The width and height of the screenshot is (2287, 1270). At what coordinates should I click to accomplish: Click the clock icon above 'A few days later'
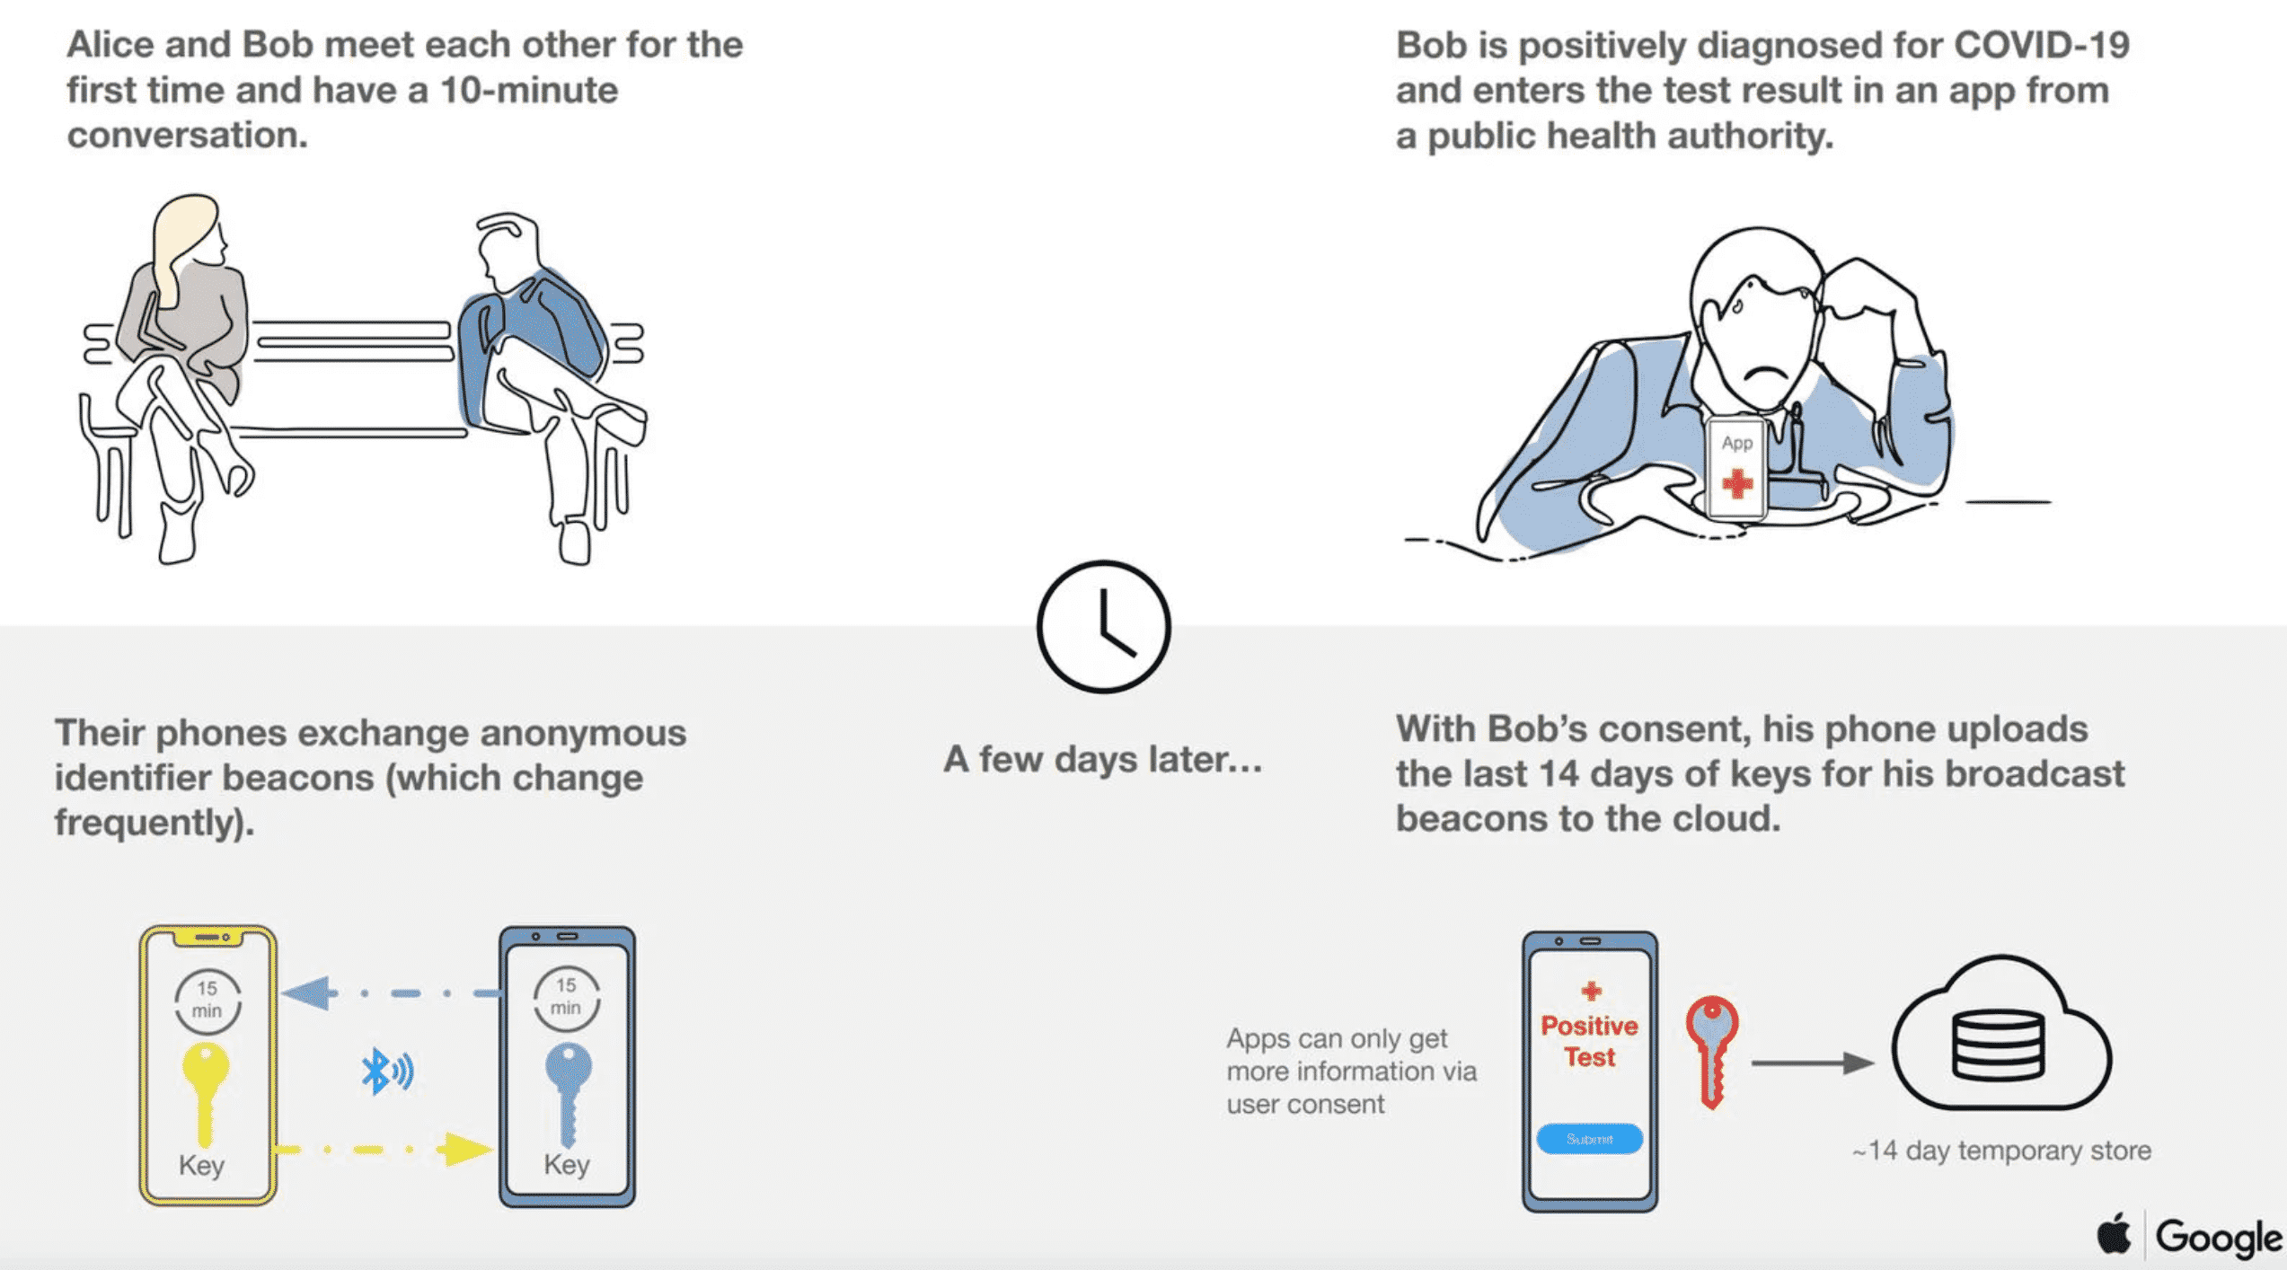(1103, 627)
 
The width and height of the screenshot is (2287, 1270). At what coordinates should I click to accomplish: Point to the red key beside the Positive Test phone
(1712, 1047)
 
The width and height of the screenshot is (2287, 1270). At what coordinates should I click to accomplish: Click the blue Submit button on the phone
(1589, 1139)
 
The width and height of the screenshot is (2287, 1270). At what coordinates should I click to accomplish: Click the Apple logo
(2114, 1234)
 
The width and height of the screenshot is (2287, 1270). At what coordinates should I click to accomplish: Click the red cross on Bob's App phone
(1737, 484)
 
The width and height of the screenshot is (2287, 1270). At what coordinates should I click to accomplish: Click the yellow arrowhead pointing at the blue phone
(465, 1149)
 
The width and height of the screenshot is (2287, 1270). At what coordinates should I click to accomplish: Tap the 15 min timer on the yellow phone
(208, 1000)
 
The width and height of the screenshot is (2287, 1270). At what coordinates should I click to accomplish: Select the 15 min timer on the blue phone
(566, 997)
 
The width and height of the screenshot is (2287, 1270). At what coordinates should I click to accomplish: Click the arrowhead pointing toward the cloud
(1858, 1063)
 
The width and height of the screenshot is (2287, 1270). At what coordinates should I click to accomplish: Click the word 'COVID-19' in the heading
(2041, 45)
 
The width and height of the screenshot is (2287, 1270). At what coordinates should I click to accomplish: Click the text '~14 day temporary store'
(2001, 1151)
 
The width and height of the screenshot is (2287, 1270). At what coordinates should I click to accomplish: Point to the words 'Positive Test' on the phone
(1589, 1041)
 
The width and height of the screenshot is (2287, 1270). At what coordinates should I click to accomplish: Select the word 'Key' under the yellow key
(201, 1166)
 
